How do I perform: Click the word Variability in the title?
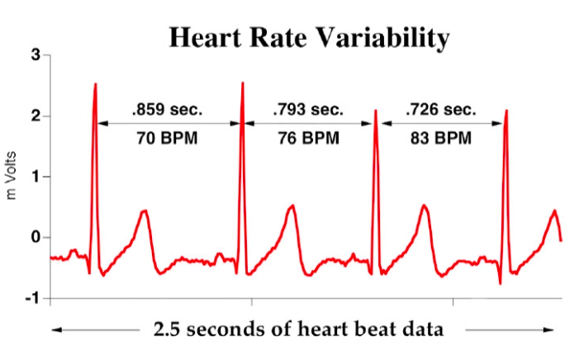point(387,37)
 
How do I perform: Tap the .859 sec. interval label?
point(167,108)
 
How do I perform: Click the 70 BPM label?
point(167,137)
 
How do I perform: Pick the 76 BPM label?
point(308,137)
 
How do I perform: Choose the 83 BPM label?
point(440,137)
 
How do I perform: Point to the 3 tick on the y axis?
point(36,55)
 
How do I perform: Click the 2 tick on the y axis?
point(36,116)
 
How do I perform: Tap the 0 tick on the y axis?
point(36,238)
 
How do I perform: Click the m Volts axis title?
point(12,176)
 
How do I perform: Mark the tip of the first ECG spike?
point(96,83)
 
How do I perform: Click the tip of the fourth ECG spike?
point(506,110)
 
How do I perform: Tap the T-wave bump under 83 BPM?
point(425,206)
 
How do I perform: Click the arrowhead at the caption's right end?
point(549,329)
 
